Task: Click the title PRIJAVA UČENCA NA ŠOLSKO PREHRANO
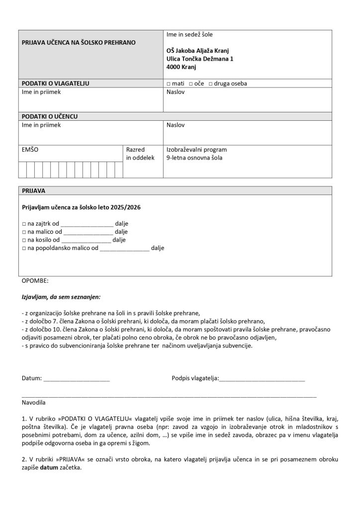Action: pyautogui.click(x=78, y=43)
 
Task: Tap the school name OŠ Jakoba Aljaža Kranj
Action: pyautogui.click(x=198, y=51)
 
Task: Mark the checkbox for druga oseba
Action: pyautogui.click(x=211, y=84)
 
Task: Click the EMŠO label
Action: pyautogui.click(x=29, y=149)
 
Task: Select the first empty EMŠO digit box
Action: pyautogui.click(x=23, y=170)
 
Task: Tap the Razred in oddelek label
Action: pyautogui.click(x=137, y=154)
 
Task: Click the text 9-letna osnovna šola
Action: pyautogui.click(x=194, y=158)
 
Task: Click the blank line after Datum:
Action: pyautogui.click(x=77, y=379)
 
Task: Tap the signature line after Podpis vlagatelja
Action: pyautogui.click(x=262, y=379)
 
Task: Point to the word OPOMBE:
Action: pyautogui.click(x=35, y=281)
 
